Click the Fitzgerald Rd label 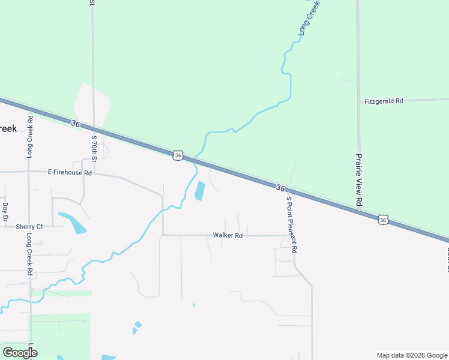pyautogui.click(x=384, y=101)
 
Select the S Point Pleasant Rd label pyautogui.click(x=291, y=224)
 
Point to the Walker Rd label pyautogui.click(x=228, y=236)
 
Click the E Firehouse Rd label pyautogui.click(x=70, y=172)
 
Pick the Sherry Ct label pyautogui.click(x=29, y=226)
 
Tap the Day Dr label pyautogui.click(x=5, y=210)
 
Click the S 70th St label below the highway pyautogui.click(x=94, y=149)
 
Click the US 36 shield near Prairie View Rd pyautogui.click(x=383, y=220)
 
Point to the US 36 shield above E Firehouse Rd pyautogui.click(x=178, y=155)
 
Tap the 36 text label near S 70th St pyautogui.click(x=75, y=124)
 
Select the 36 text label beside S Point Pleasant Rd pyautogui.click(x=280, y=188)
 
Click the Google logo pyautogui.click(x=20, y=352)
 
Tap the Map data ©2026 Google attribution pyautogui.click(x=411, y=355)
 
